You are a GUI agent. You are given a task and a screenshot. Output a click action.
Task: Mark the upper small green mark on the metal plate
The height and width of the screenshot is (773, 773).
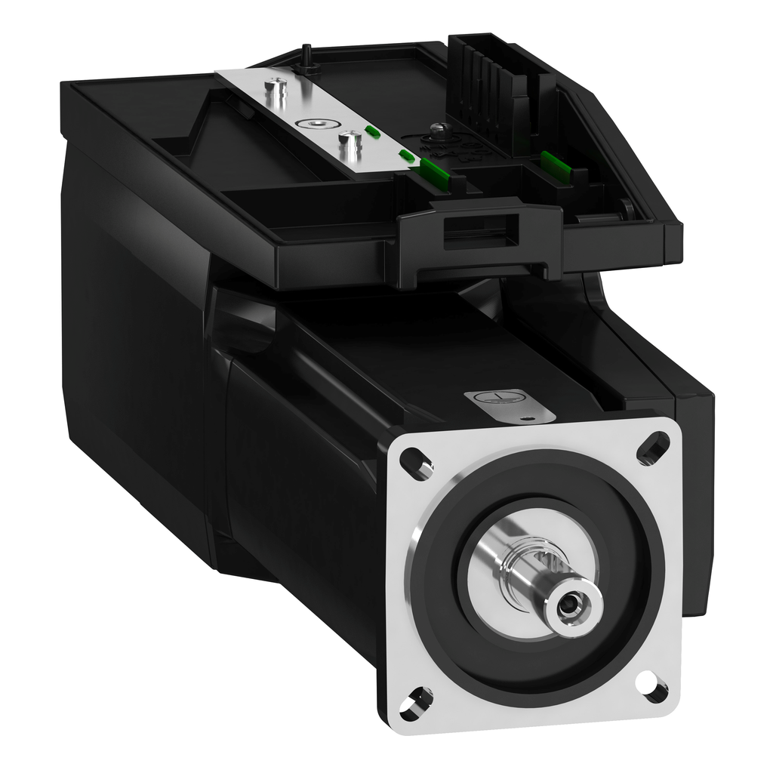(371, 131)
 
